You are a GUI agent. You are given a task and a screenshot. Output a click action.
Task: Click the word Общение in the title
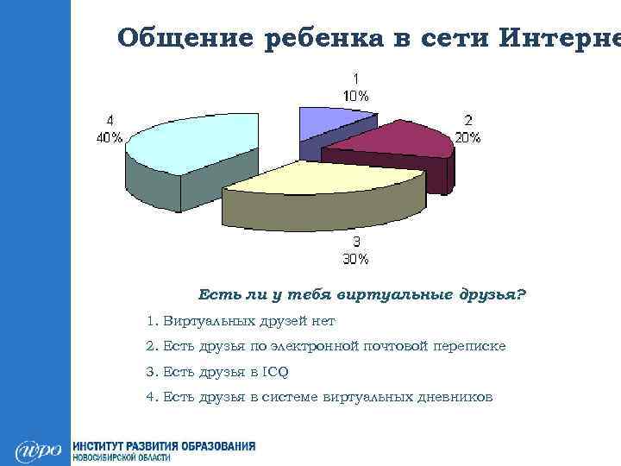tap(177, 39)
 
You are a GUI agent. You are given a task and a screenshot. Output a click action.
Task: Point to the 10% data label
tap(354, 85)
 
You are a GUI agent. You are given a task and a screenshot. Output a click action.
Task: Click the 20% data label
tap(468, 129)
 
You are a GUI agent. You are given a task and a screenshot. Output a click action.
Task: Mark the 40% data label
tap(110, 129)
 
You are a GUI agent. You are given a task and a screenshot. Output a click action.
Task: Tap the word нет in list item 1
tap(323, 321)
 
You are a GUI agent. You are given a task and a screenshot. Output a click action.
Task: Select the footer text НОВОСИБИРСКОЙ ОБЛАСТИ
tap(120, 457)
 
